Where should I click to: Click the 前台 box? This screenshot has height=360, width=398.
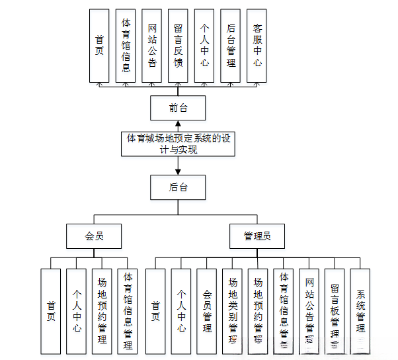click(178, 107)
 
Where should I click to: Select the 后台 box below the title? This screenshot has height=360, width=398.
click(178, 187)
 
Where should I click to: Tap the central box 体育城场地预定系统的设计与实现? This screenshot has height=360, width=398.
click(179, 144)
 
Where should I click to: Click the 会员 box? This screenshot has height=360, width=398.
click(94, 236)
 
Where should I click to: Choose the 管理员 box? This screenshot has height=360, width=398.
click(257, 236)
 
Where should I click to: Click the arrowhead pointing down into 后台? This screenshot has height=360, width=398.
click(178, 171)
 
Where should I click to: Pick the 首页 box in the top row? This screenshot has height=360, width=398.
click(99, 46)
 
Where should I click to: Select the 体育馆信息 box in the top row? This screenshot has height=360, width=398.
click(126, 46)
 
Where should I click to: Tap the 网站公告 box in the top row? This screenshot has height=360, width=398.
click(152, 46)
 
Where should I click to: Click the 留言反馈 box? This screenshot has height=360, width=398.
click(178, 46)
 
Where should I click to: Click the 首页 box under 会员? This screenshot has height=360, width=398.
click(50, 310)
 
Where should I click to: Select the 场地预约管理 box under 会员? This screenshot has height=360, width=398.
click(101, 310)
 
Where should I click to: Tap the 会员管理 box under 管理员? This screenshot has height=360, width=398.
click(207, 310)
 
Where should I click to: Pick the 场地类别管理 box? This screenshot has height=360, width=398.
click(233, 310)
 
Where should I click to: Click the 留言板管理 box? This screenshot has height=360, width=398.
click(335, 310)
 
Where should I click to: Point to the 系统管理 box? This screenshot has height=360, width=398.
click(360, 310)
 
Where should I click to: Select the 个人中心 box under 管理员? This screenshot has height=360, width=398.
click(181, 310)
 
